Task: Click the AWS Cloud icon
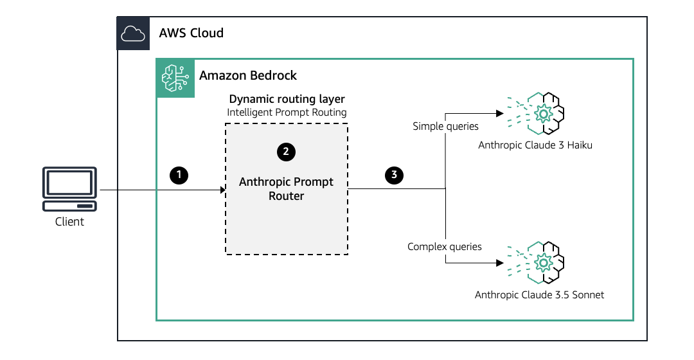[133, 33]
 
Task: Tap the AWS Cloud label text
[191, 33]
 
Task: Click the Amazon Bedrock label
[248, 75]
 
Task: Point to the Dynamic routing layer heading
[287, 99]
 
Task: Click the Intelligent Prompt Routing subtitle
[287, 113]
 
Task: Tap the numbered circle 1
[178, 174]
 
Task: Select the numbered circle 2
[286, 152]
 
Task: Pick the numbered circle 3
[393, 174]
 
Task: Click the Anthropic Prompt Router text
[287, 189]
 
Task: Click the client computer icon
[69, 190]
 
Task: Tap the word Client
[69, 222]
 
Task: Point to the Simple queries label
[445, 127]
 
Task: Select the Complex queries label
[445, 246]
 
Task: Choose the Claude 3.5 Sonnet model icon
[544, 262]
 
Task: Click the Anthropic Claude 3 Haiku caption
[535, 145]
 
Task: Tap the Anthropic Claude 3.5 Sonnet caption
[540, 295]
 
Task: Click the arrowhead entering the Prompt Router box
[223, 190]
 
